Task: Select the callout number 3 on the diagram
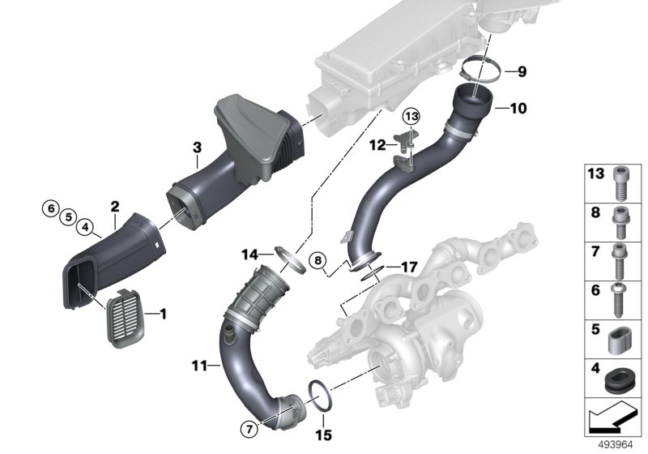point(196,147)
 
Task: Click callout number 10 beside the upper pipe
point(518,108)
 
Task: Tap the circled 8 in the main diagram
point(320,261)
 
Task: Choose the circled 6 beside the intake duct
point(50,208)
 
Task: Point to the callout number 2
point(115,207)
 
